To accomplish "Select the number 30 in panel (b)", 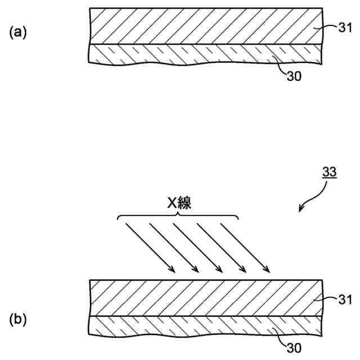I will (294, 348).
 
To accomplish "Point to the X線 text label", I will (179, 204).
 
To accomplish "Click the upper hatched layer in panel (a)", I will (197, 27).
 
